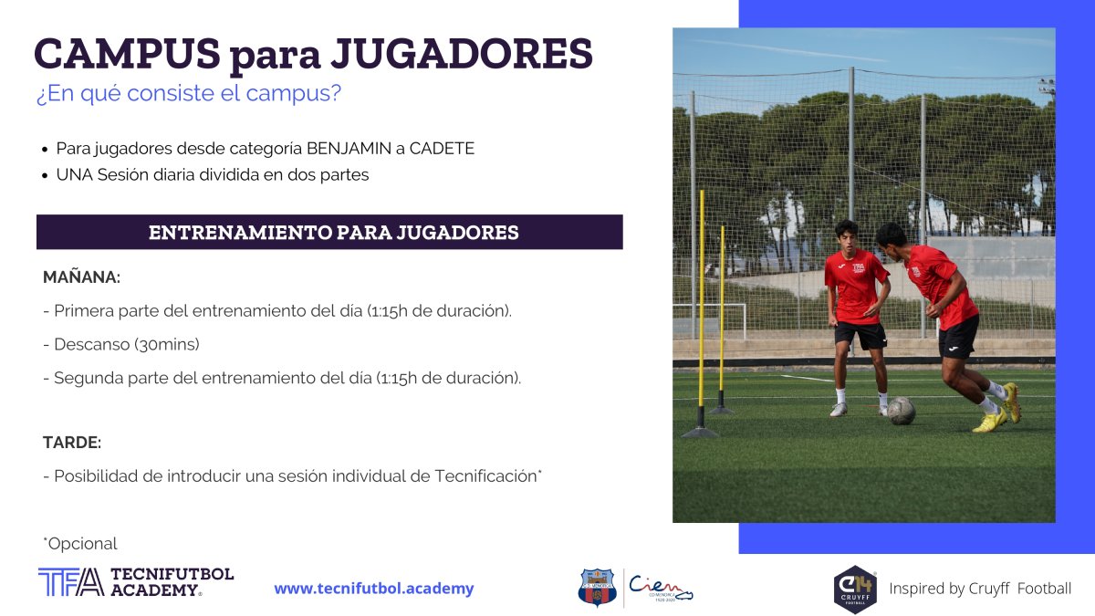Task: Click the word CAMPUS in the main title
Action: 127,53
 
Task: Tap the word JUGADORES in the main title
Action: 462,53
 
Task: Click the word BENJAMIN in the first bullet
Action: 349,148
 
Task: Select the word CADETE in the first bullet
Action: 442,148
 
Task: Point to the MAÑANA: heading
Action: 81,277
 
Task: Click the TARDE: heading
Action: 72,442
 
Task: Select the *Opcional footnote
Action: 80,543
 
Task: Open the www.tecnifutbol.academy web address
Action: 374,588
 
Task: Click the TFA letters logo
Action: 71,582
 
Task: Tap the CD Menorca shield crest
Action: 597,587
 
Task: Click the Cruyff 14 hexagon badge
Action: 855,590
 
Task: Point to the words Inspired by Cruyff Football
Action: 980,588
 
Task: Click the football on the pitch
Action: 901,411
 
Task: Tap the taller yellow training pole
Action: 702,313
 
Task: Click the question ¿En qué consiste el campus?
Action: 189,93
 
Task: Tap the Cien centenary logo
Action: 660,588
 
